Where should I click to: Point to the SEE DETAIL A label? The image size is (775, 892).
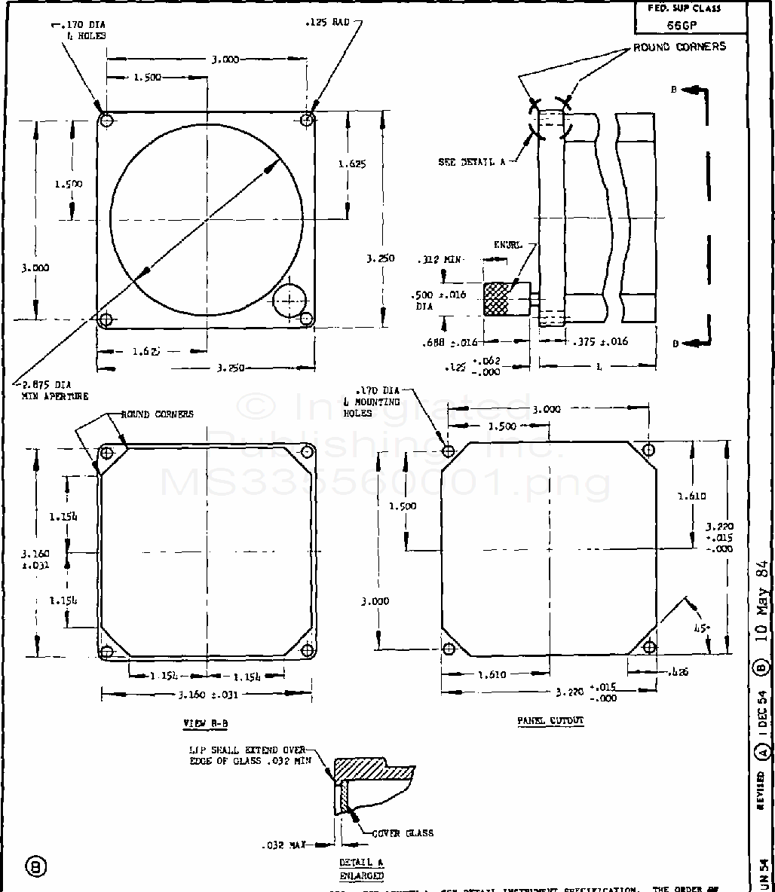472,162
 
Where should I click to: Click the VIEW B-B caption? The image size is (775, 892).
205,723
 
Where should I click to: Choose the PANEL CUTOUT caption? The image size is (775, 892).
550,720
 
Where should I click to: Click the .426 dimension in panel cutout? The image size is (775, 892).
679,671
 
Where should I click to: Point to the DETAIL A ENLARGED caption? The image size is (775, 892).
361,869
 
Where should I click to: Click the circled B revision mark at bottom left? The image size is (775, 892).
35,866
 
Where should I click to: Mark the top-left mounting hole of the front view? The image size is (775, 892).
106,121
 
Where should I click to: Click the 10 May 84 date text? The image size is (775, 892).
762,609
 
